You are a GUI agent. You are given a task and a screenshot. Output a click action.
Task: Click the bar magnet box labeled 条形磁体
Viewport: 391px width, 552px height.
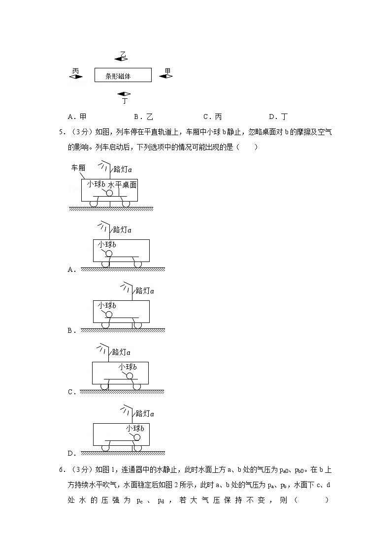coord(123,75)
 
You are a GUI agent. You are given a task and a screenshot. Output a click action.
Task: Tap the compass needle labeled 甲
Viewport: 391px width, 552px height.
coord(166,76)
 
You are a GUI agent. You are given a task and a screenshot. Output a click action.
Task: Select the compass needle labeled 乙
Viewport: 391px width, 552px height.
coord(122,58)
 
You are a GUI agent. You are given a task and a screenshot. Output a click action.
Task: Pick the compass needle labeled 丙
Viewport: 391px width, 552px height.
coord(76,76)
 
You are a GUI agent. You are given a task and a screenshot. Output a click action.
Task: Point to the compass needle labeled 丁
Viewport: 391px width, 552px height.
coord(124,94)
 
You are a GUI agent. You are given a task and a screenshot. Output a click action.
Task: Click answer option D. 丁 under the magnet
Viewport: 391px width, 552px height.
coord(278,117)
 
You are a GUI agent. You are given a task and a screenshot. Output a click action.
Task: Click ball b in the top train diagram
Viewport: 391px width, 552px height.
coord(109,193)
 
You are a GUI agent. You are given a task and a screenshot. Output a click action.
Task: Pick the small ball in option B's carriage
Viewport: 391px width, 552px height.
coord(109,314)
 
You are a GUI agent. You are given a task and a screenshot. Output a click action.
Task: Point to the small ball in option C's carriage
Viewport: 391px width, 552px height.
coord(130,376)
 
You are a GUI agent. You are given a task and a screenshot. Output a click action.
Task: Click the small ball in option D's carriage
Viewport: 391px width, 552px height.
coord(137,437)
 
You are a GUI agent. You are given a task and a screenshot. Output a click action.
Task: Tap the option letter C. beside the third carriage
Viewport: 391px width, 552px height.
coord(71,392)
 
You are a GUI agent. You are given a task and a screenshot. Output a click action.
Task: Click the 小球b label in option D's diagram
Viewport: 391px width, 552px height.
coord(135,428)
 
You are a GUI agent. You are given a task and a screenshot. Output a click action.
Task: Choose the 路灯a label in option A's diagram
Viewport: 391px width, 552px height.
coord(122,230)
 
